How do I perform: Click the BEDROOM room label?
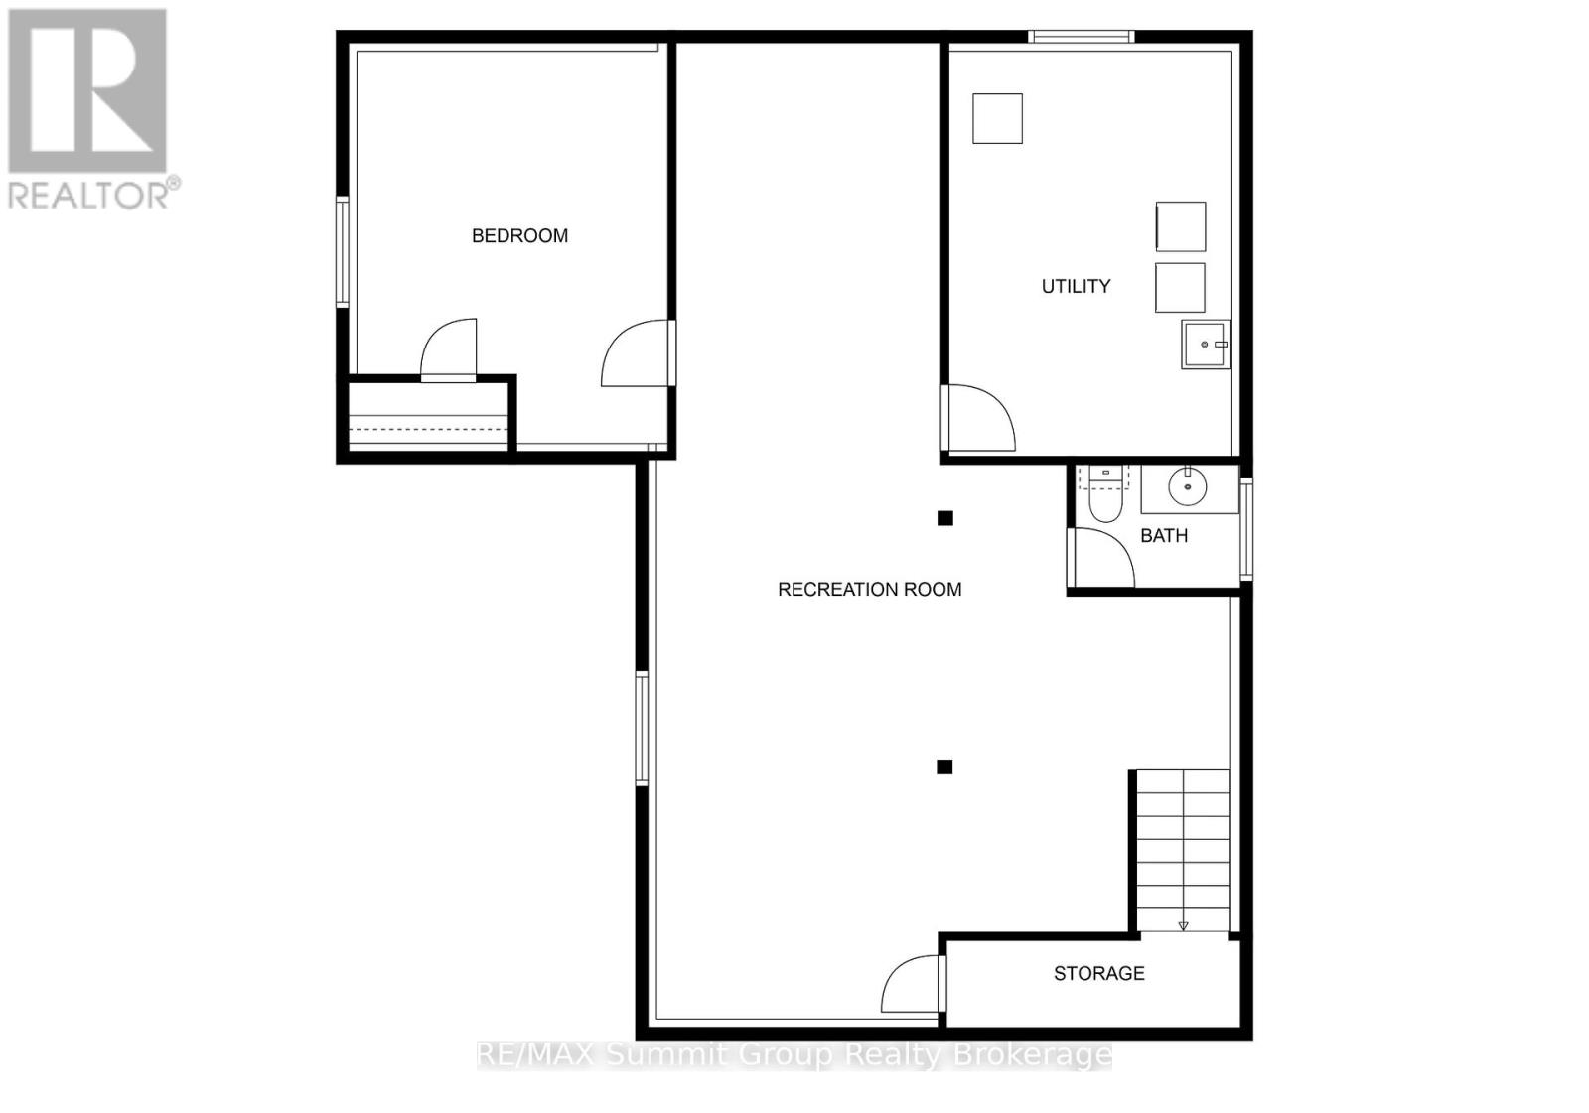tap(519, 235)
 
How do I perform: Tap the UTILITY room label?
tap(1076, 286)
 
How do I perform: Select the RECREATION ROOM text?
tap(869, 589)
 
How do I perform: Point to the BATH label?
tap(1163, 535)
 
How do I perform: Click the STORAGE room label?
tap(1098, 973)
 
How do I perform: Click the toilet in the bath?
tap(1104, 496)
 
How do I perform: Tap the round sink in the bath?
tap(1187, 487)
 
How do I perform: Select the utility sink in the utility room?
tap(1205, 345)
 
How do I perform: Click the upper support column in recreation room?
tap(945, 518)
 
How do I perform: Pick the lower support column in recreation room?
tap(944, 766)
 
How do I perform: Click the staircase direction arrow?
tap(1183, 925)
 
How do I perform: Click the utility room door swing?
tap(978, 417)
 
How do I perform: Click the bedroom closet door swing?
tap(450, 348)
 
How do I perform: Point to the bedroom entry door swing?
tap(636, 353)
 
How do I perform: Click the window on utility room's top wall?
tap(1081, 37)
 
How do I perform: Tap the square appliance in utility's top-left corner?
tap(997, 118)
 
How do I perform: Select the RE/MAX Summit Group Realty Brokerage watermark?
tap(794, 1054)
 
